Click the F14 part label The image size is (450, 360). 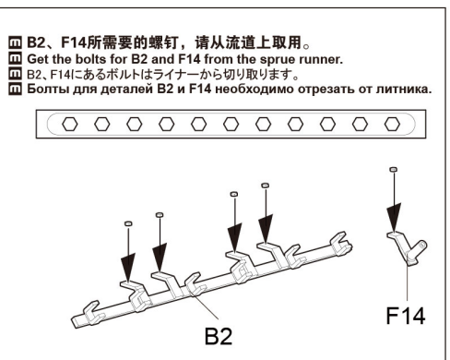[406, 316]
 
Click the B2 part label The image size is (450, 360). [219, 336]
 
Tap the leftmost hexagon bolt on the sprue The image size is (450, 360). [70, 125]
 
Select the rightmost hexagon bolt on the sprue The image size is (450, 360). [392, 125]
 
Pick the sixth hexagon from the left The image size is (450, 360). [231, 125]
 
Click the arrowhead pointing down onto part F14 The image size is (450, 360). [394, 218]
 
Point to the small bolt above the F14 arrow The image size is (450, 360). [393, 169]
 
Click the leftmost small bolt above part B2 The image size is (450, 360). [128, 223]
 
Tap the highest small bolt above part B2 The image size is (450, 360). [266, 186]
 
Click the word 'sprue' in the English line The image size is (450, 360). [278, 59]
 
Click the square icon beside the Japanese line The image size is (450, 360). [15, 74]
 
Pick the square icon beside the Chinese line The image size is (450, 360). [15, 42]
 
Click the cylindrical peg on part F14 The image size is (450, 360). [419, 247]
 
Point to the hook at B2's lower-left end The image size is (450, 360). [92, 312]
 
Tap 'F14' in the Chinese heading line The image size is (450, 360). [74, 42]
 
